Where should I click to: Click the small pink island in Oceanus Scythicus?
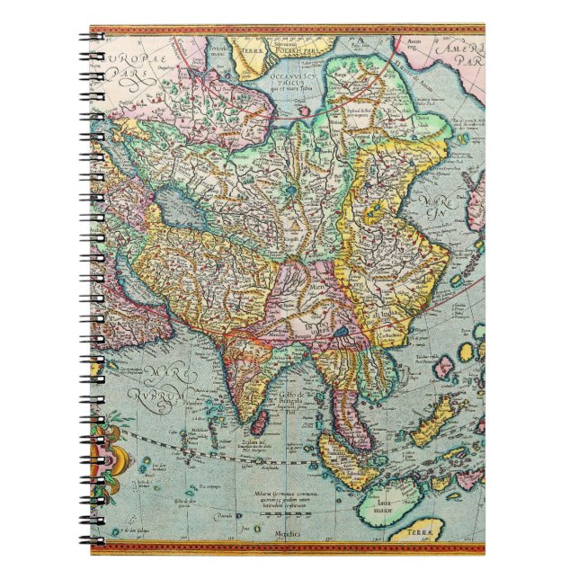306,111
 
